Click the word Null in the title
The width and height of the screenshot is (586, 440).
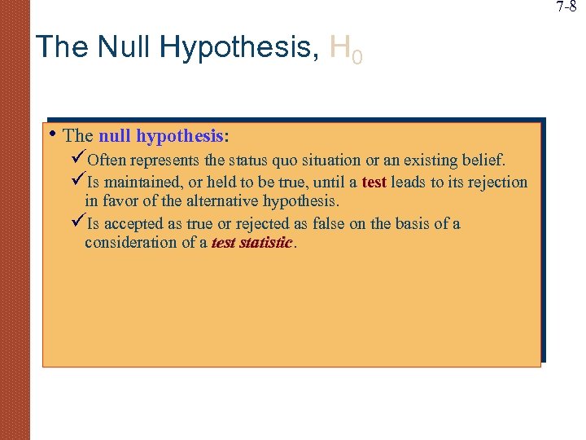coord(125,46)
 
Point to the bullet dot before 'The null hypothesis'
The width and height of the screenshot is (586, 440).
coord(51,134)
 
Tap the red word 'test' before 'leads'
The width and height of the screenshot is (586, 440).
coord(374,183)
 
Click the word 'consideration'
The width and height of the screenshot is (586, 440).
coord(130,242)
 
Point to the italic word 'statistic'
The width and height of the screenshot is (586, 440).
coord(265,242)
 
